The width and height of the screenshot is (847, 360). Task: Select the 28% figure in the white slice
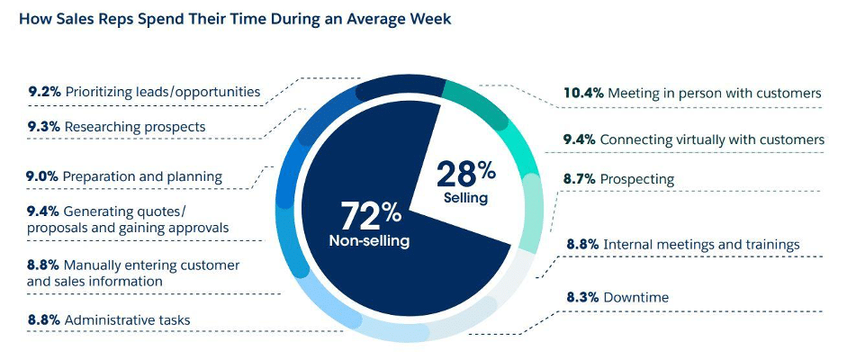pos(466,172)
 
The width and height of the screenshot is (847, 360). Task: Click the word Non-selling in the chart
pos(369,241)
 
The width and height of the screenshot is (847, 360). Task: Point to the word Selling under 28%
pos(465,196)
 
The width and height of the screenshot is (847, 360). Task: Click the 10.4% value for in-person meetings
pos(582,93)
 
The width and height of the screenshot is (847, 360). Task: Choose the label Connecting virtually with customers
pos(711,139)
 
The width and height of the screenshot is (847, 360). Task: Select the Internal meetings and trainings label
pos(700,244)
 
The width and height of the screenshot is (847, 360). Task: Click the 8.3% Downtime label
pos(617,297)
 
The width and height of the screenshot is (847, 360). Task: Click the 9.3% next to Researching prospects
pos(43,127)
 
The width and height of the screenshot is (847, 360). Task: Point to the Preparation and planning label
pos(143,176)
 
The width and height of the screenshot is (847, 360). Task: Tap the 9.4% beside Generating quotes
pos(43,211)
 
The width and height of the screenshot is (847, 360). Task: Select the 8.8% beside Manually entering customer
pos(43,265)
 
